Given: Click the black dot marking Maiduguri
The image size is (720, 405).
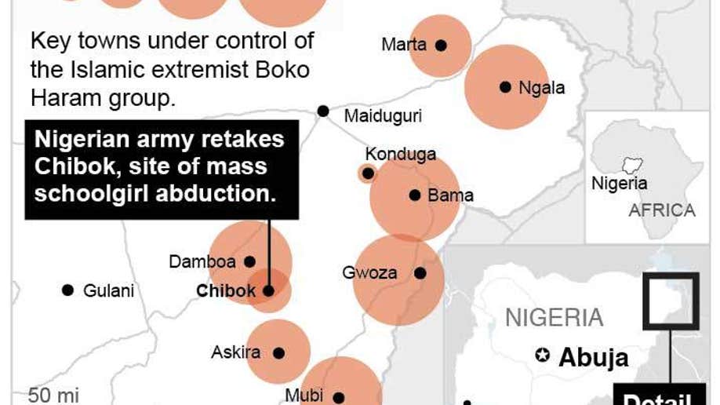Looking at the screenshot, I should pos(323,111).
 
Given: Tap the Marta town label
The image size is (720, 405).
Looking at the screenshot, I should pos(404,45).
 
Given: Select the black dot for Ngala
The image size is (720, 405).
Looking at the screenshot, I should pos(505,87).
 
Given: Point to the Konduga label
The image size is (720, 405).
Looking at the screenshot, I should pos(400,154).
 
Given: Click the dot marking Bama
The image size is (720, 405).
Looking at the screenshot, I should pos(415,195).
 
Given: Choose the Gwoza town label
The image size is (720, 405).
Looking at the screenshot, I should pos(369,273).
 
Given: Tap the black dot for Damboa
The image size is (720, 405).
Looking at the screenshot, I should pos(250,261).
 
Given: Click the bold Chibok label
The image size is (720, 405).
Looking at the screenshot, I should pos(226,291).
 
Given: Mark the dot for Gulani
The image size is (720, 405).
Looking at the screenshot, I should pos(67,290).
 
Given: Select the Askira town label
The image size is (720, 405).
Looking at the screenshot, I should pos(235,352).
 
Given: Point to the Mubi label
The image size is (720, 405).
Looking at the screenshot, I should pos(304,396).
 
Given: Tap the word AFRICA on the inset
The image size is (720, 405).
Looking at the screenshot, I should pos(661,210).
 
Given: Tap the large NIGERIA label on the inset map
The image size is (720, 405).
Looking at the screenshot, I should pos(554,318).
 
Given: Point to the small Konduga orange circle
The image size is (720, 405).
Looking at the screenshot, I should pos(367,173).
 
